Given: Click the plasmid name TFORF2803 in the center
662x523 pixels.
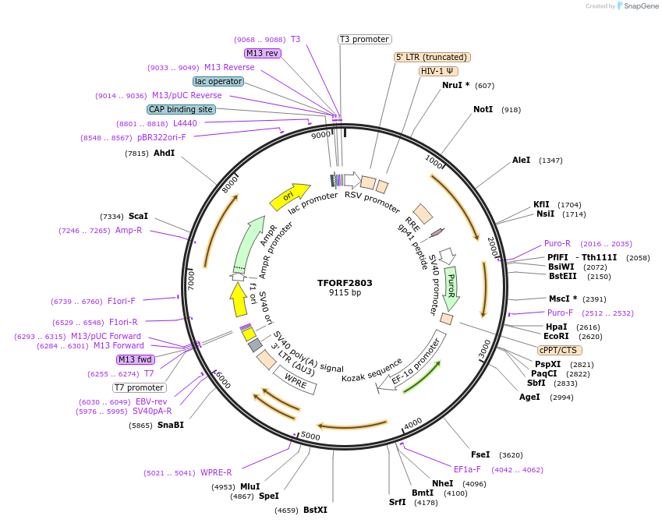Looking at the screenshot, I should click(x=345, y=282).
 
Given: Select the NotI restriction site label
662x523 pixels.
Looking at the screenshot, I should click(x=483, y=110).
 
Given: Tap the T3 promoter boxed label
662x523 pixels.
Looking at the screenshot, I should click(x=364, y=39).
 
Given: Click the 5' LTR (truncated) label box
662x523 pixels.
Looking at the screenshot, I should click(x=432, y=57).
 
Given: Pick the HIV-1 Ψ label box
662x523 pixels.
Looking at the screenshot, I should click(x=438, y=71).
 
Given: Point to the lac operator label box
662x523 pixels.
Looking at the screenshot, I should click(x=218, y=81).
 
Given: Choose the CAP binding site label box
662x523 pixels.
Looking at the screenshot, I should click(x=181, y=110).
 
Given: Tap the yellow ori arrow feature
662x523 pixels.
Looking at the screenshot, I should click(x=289, y=196).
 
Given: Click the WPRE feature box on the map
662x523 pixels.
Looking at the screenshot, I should click(x=295, y=380).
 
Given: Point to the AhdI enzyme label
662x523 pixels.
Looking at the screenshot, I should click(x=164, y=154).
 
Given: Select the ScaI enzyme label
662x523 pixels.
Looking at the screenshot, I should click(x=138, y=216).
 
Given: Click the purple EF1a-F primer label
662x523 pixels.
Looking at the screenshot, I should click(x=467, y=469).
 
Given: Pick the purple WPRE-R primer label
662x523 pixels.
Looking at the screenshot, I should click(x=216, y=472).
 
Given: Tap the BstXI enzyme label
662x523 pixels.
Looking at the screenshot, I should click(x=315, y=510).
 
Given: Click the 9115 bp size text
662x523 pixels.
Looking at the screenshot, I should click(x=345, y=293).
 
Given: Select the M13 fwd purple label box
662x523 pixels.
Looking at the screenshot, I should click(x=135, y=359).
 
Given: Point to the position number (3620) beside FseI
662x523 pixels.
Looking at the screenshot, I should click(x=511, y=454).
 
